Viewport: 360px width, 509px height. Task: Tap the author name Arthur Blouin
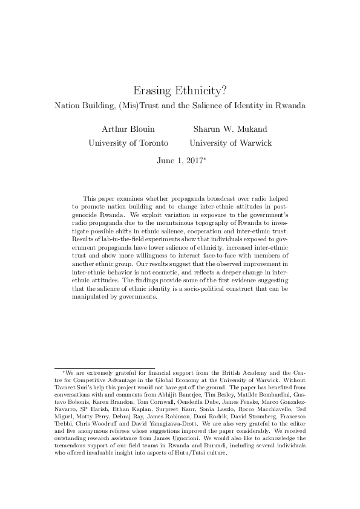click(128, 129)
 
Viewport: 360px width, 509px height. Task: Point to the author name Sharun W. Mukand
click(231, 129)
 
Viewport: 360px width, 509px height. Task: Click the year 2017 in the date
click(193, 161)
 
